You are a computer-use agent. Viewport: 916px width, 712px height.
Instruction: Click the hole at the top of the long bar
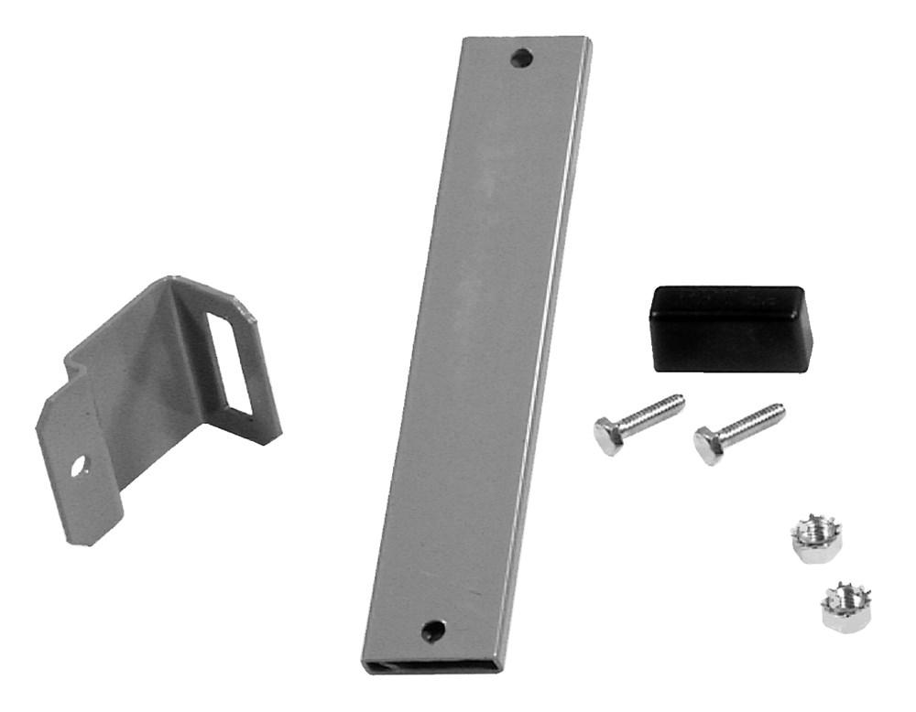[523, 58]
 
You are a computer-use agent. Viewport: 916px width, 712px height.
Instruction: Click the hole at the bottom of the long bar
[432, 630]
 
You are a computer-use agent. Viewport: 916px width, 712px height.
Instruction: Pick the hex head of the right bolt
[708, 445]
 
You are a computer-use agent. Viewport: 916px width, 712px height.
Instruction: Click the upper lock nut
[816, 539]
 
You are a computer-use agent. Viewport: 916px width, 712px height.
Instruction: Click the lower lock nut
[845, 608]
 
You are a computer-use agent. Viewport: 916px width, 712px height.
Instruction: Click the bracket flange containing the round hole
[82, 467]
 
